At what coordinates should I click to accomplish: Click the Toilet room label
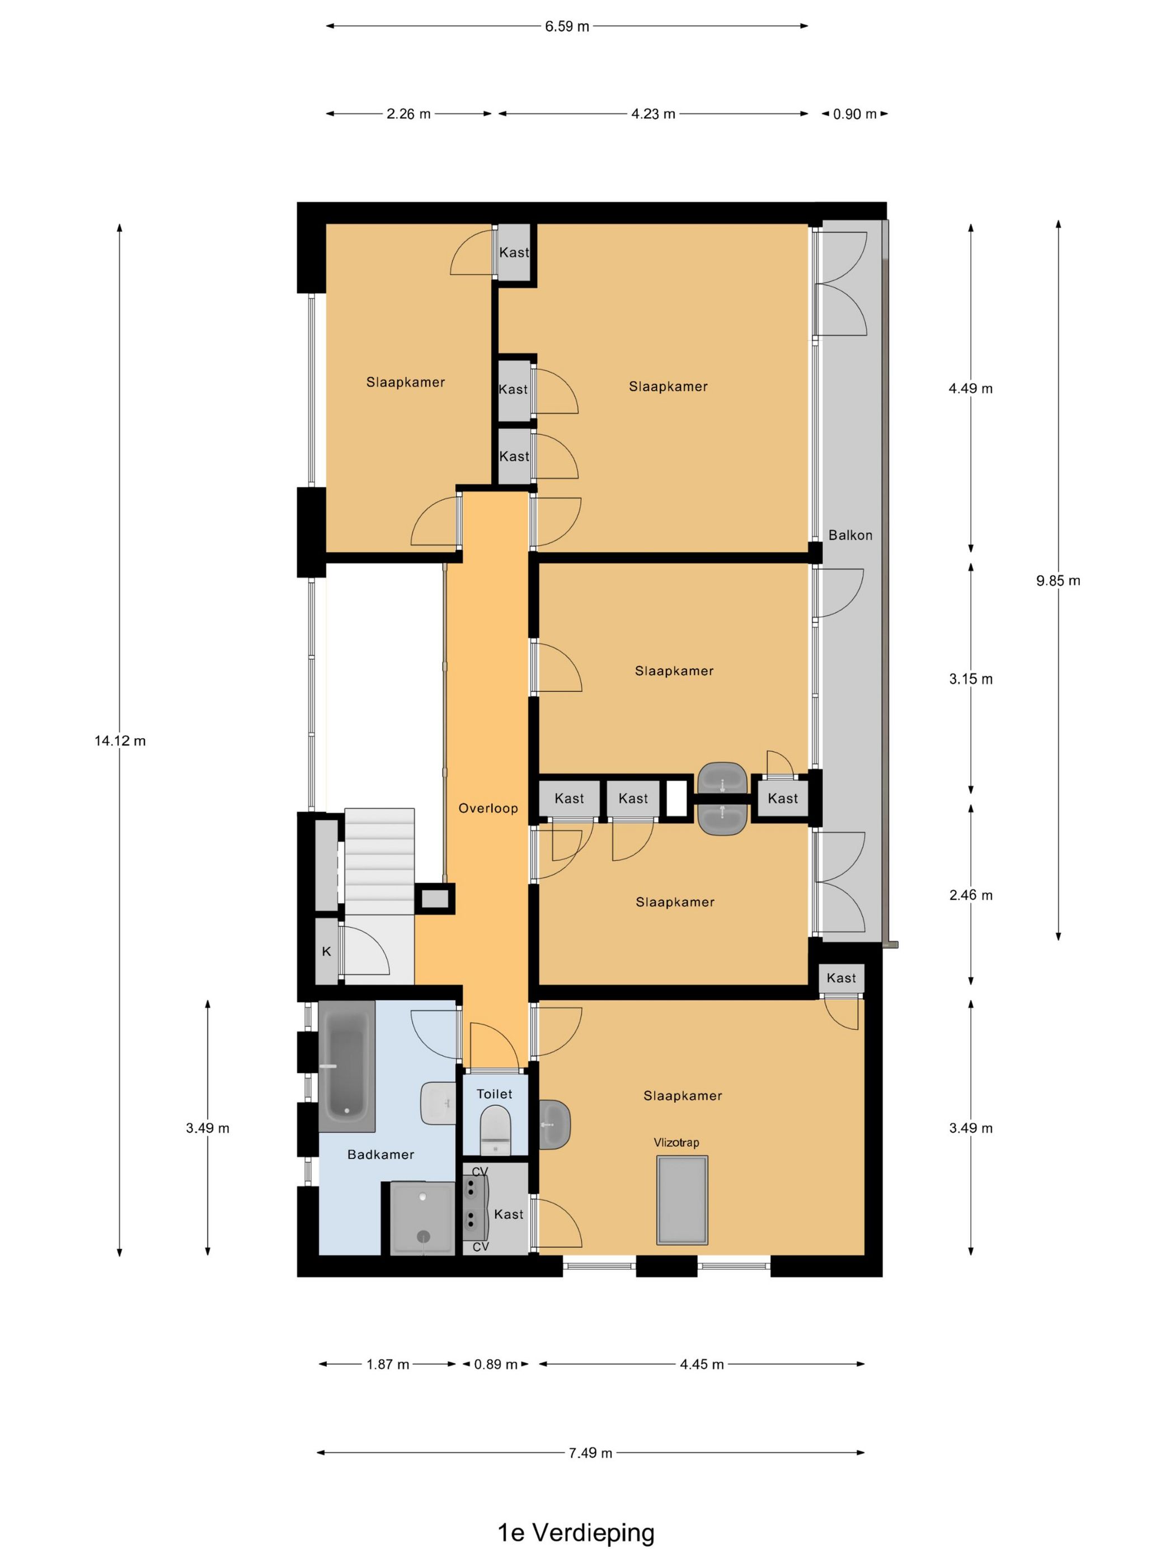pyautogui.click(x=493, y=1094)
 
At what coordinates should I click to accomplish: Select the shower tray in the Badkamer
pyautogui.click(x=422, y=1218)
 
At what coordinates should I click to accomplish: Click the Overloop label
pyautogui.click(x=488, y=808)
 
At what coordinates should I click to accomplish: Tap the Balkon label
pyautogui.click(x=850, y=535)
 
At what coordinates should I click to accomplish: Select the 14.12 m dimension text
pyautogui.click(x=120, y=741)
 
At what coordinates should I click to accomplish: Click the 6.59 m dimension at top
pyautogui.click(x=567, y=27)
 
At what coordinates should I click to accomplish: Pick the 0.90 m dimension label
pyautogui.click(x=854, y=114)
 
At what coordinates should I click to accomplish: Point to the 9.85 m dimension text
pyautogui.click(x=1057, y=581)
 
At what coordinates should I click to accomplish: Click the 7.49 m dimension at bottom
pyautogui.click(x=590, y=1453)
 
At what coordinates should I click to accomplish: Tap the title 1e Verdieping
pyautogui.click(x=575, y=1532)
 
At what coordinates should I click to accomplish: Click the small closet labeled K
pyautogui.click(x=327, y=951)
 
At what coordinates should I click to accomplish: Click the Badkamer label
pyautogui.click(x=380, y=1155)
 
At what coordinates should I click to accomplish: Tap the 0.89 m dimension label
pyautogui.click(x=495, y=1364)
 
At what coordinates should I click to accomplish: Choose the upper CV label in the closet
pyautogui.click(x=480, y=1172)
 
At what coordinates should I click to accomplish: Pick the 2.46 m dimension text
pyautogui.click(x=970, y=895)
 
